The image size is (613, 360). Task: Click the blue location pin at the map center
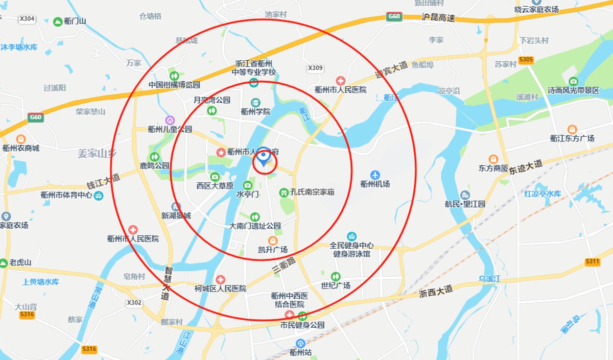click(x=264, y=156)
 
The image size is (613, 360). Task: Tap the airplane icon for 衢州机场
click(x=375, y=175)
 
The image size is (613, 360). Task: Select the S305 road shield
click(x=526, y=60)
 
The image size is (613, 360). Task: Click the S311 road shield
click(x=593, y=262)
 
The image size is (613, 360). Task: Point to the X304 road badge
click(x=27, y=19)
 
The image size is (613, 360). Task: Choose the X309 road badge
click(x=316, y=68)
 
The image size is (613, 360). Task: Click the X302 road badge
click(x=134, y=302)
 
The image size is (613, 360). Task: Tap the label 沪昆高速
click(x=438, y=17)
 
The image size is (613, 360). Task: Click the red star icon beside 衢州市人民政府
click(x=221, y=152)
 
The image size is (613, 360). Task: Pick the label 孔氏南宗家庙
click(x=312, y=193)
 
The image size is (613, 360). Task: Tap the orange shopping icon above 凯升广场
click(x=273, y=240)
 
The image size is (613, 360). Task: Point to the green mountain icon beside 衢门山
click(x=57, y=21)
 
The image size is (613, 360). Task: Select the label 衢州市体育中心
click(x=66, y=195)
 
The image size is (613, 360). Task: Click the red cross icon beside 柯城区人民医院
click(x=220, y=279)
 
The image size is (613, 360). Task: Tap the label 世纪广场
click(x=336, y=285)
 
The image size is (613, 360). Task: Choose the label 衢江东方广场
click(x=572, y=138)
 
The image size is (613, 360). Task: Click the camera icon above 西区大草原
click(x=215, y=177)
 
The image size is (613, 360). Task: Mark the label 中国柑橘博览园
click(x=174, y=85)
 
